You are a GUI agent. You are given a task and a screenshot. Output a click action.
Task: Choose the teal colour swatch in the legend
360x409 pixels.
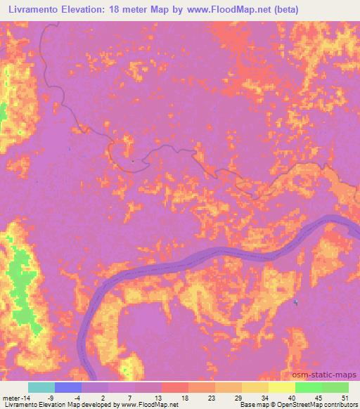41,387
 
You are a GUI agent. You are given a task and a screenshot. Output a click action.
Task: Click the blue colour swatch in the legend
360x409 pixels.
68,387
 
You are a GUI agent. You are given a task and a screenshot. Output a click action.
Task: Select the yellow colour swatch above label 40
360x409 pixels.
282,387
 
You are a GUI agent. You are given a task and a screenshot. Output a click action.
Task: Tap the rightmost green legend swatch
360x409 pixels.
335,387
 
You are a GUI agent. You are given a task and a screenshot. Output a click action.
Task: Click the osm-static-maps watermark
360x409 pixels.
330,375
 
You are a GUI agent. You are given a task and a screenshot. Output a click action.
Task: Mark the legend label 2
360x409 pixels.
103,398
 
